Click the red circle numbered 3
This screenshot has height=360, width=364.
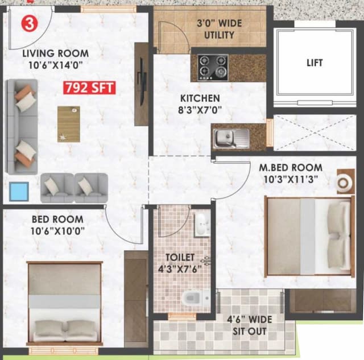point(30,23)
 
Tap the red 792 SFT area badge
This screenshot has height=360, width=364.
point(89,88)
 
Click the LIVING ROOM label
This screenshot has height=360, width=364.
point(55,53)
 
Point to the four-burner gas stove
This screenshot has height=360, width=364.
point(213,67)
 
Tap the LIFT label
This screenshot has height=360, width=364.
point(314,63)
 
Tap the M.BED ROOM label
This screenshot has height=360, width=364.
point(290,168)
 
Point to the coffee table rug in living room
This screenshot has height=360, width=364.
point(68,123)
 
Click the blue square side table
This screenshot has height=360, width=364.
point(20,189)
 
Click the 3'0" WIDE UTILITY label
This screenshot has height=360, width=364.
point(219,30)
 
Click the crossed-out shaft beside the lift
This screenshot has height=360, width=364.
point(315,133)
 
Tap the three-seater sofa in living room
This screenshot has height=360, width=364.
point(22,126)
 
